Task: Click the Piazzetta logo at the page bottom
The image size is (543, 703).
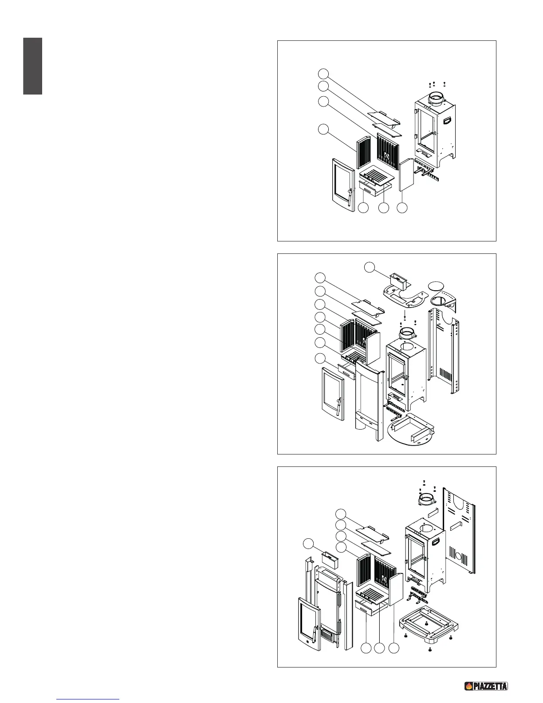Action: click(486, 686)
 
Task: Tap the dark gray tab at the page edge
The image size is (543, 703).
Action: click(33, 66)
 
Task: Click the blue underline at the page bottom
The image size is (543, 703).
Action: click(88, 699)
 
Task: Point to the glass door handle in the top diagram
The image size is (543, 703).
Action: click(349, 195)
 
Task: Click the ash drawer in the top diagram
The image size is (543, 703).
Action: click(372, 190)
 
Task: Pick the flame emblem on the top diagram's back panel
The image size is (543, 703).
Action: click(386, 156)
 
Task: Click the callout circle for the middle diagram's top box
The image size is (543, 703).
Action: click(370, 267)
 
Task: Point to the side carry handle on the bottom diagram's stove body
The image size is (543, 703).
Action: click(437, 542)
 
